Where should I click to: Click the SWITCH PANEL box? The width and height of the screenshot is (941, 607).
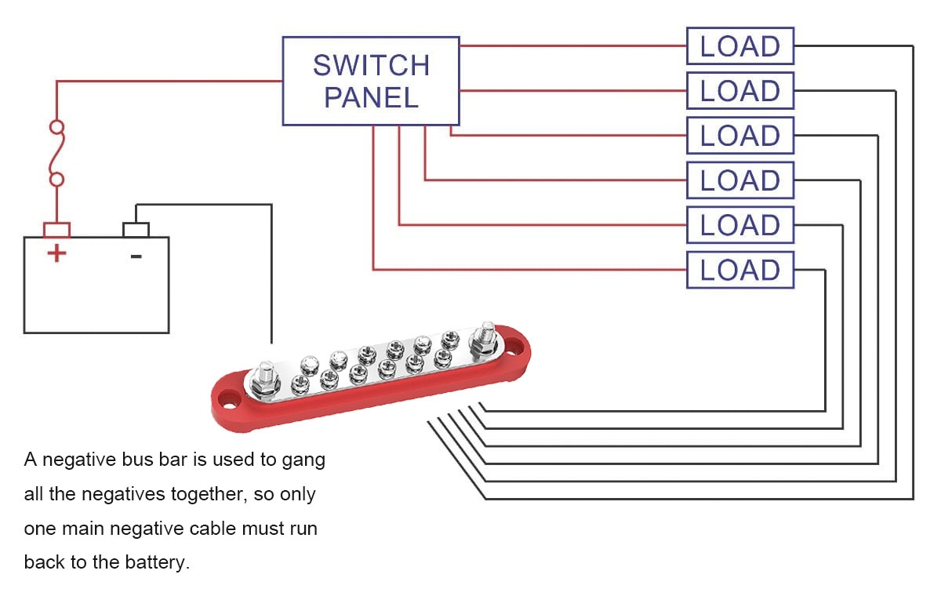tap(370, 81)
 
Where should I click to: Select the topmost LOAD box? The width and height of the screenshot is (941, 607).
tap(739, 46)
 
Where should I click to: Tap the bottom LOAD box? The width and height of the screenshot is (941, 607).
tap(739, 271)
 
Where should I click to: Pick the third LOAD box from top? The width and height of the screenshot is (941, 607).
tap(739, 136)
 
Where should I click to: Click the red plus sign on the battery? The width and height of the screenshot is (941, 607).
tap(56, 253)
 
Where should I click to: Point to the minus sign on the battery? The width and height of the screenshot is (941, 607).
tap(136, 255)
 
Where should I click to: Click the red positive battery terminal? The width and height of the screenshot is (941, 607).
tap(56, 230)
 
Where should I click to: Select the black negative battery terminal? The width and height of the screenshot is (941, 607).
tap(136, 230)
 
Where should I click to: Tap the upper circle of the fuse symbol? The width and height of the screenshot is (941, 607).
tap(56, 126)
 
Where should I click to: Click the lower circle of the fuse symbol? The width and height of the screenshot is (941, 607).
tap(56, 180)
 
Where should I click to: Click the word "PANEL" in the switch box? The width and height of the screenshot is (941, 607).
tap(371, 98)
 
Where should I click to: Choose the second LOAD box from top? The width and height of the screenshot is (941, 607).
tap(739, 91)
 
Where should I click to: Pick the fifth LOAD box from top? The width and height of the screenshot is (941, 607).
tap(739, 226)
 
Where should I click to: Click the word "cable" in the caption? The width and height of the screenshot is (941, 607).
tap(214, 529)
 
